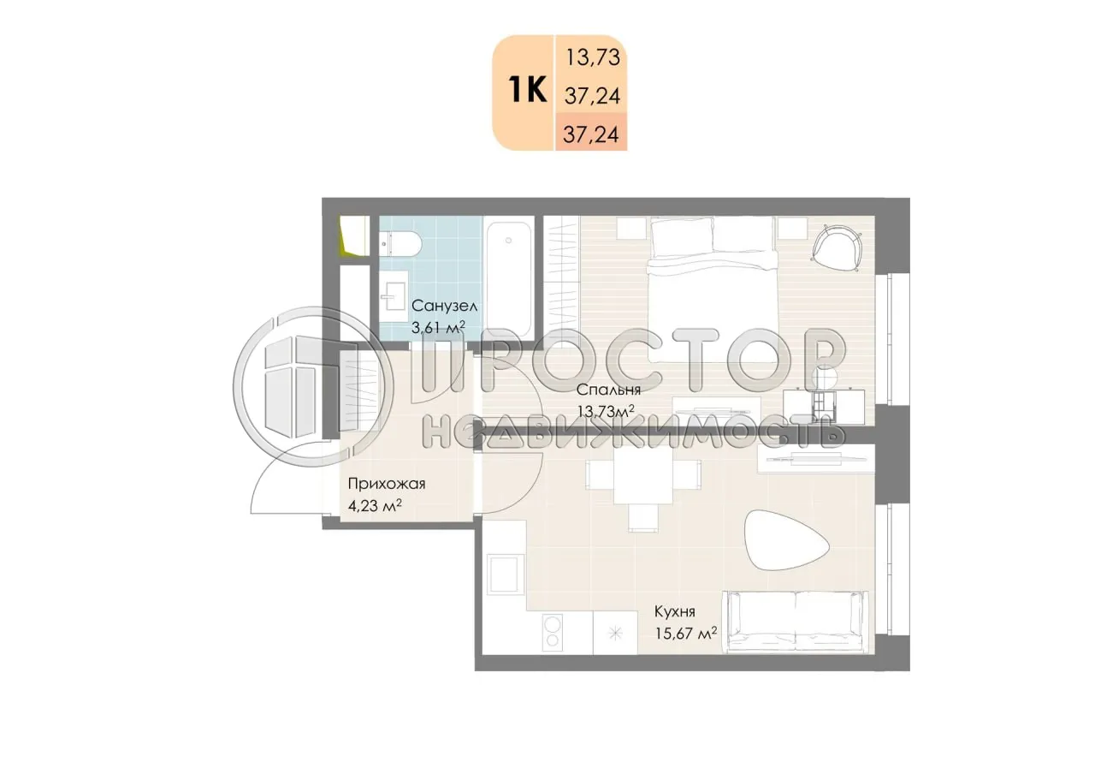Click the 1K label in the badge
coord(527,89)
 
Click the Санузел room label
coord(444,306)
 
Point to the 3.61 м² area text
coord(438,326)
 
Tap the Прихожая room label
coord(386,484)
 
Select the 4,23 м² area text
coord(375,505)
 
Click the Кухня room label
coord(674,612)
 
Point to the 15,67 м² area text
coord(684,634)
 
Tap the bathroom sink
coord(396,294)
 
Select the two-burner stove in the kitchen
coord(553,631)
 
